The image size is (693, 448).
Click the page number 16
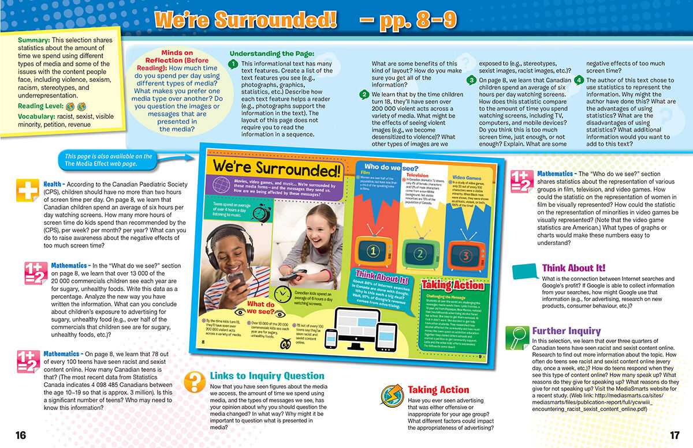[21, 435]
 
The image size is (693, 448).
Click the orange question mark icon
[195, 381]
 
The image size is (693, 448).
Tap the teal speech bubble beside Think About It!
[524, 270]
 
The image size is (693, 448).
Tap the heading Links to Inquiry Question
[267, 375]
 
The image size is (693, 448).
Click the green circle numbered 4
[579, 80]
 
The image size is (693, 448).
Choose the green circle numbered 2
[364, 95]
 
